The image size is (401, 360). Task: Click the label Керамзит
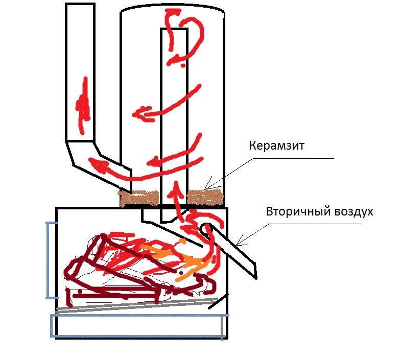(x=277, y=146)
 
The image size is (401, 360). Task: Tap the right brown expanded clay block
(x=205, y=197)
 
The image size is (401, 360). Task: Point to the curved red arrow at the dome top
(x=184, y=36)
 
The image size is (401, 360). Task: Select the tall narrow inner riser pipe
(x=174, y=123)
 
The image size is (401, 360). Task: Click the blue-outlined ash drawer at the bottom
(x=139, y=325)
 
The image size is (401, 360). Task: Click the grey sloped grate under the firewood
(x=137, y=304)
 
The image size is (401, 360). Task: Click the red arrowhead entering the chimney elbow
(x=99, y=164)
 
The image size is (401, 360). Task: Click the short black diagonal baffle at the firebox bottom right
(x=218, y=301)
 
